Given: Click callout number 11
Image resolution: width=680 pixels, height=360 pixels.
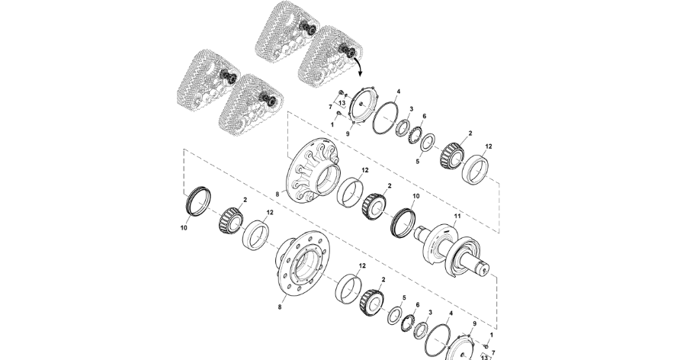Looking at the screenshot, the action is (457, 216).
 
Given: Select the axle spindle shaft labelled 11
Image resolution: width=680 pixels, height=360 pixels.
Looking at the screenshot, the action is (453, 251).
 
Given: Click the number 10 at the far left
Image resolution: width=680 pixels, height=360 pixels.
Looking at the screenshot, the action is (184, 228).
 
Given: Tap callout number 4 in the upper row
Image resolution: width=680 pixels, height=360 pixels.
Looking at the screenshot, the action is (399, 92).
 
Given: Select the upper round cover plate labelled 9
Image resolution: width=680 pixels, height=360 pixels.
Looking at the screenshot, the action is (361, 105).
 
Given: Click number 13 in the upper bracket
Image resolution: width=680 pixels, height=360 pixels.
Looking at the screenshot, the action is (342, 103).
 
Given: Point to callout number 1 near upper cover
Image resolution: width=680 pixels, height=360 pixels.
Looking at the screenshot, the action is (332, 124).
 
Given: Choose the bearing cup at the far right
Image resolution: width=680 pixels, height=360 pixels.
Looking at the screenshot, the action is (475, 169).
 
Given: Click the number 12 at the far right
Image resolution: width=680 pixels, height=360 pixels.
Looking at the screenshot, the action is (489, 146).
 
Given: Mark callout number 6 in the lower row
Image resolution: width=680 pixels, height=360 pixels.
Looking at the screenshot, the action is (418, 305).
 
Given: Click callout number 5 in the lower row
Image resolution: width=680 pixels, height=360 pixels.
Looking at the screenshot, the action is (404, 298).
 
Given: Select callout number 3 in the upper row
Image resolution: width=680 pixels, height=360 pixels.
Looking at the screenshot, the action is (412, 109).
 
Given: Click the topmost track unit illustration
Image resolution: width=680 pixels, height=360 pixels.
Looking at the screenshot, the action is (287, 27).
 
